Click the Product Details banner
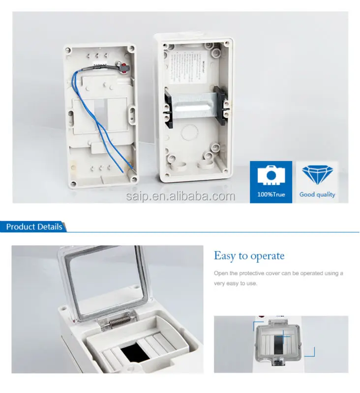[34, 226]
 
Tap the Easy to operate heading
[249, 256]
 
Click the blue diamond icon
[317, 175]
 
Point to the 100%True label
[271, 195]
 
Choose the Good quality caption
[317, 195]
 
